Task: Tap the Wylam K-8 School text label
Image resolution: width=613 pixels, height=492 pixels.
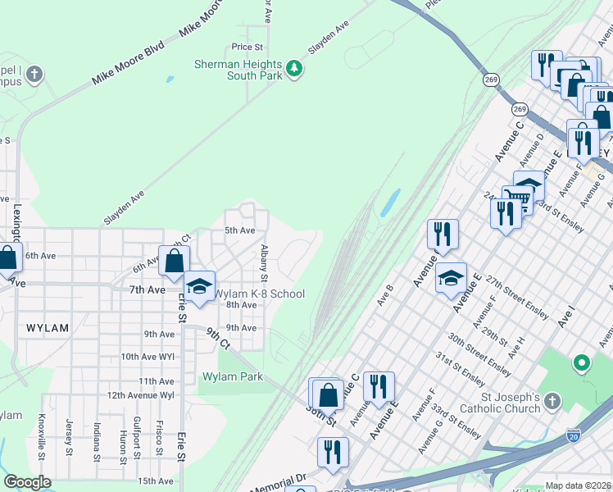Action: (260, 294)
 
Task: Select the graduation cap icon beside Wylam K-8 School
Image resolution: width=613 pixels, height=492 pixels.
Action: (199, 286)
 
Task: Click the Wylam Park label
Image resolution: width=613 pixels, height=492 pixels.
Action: (233, 377)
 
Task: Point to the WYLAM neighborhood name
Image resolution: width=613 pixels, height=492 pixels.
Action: (47, 328)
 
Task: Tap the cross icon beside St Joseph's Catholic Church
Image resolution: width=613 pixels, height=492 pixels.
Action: (553, 401)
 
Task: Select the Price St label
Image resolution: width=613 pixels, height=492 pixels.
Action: (247, 48)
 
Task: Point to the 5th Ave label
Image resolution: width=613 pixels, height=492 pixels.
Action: (240, 230)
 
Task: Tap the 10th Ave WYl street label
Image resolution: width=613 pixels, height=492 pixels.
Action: (148, 358)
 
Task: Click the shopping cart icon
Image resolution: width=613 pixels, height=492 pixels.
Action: (516, 197)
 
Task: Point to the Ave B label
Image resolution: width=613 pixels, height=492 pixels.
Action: (385, 292)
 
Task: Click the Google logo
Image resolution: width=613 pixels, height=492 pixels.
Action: (27, 483)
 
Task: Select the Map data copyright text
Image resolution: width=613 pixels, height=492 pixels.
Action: (578, 485)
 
